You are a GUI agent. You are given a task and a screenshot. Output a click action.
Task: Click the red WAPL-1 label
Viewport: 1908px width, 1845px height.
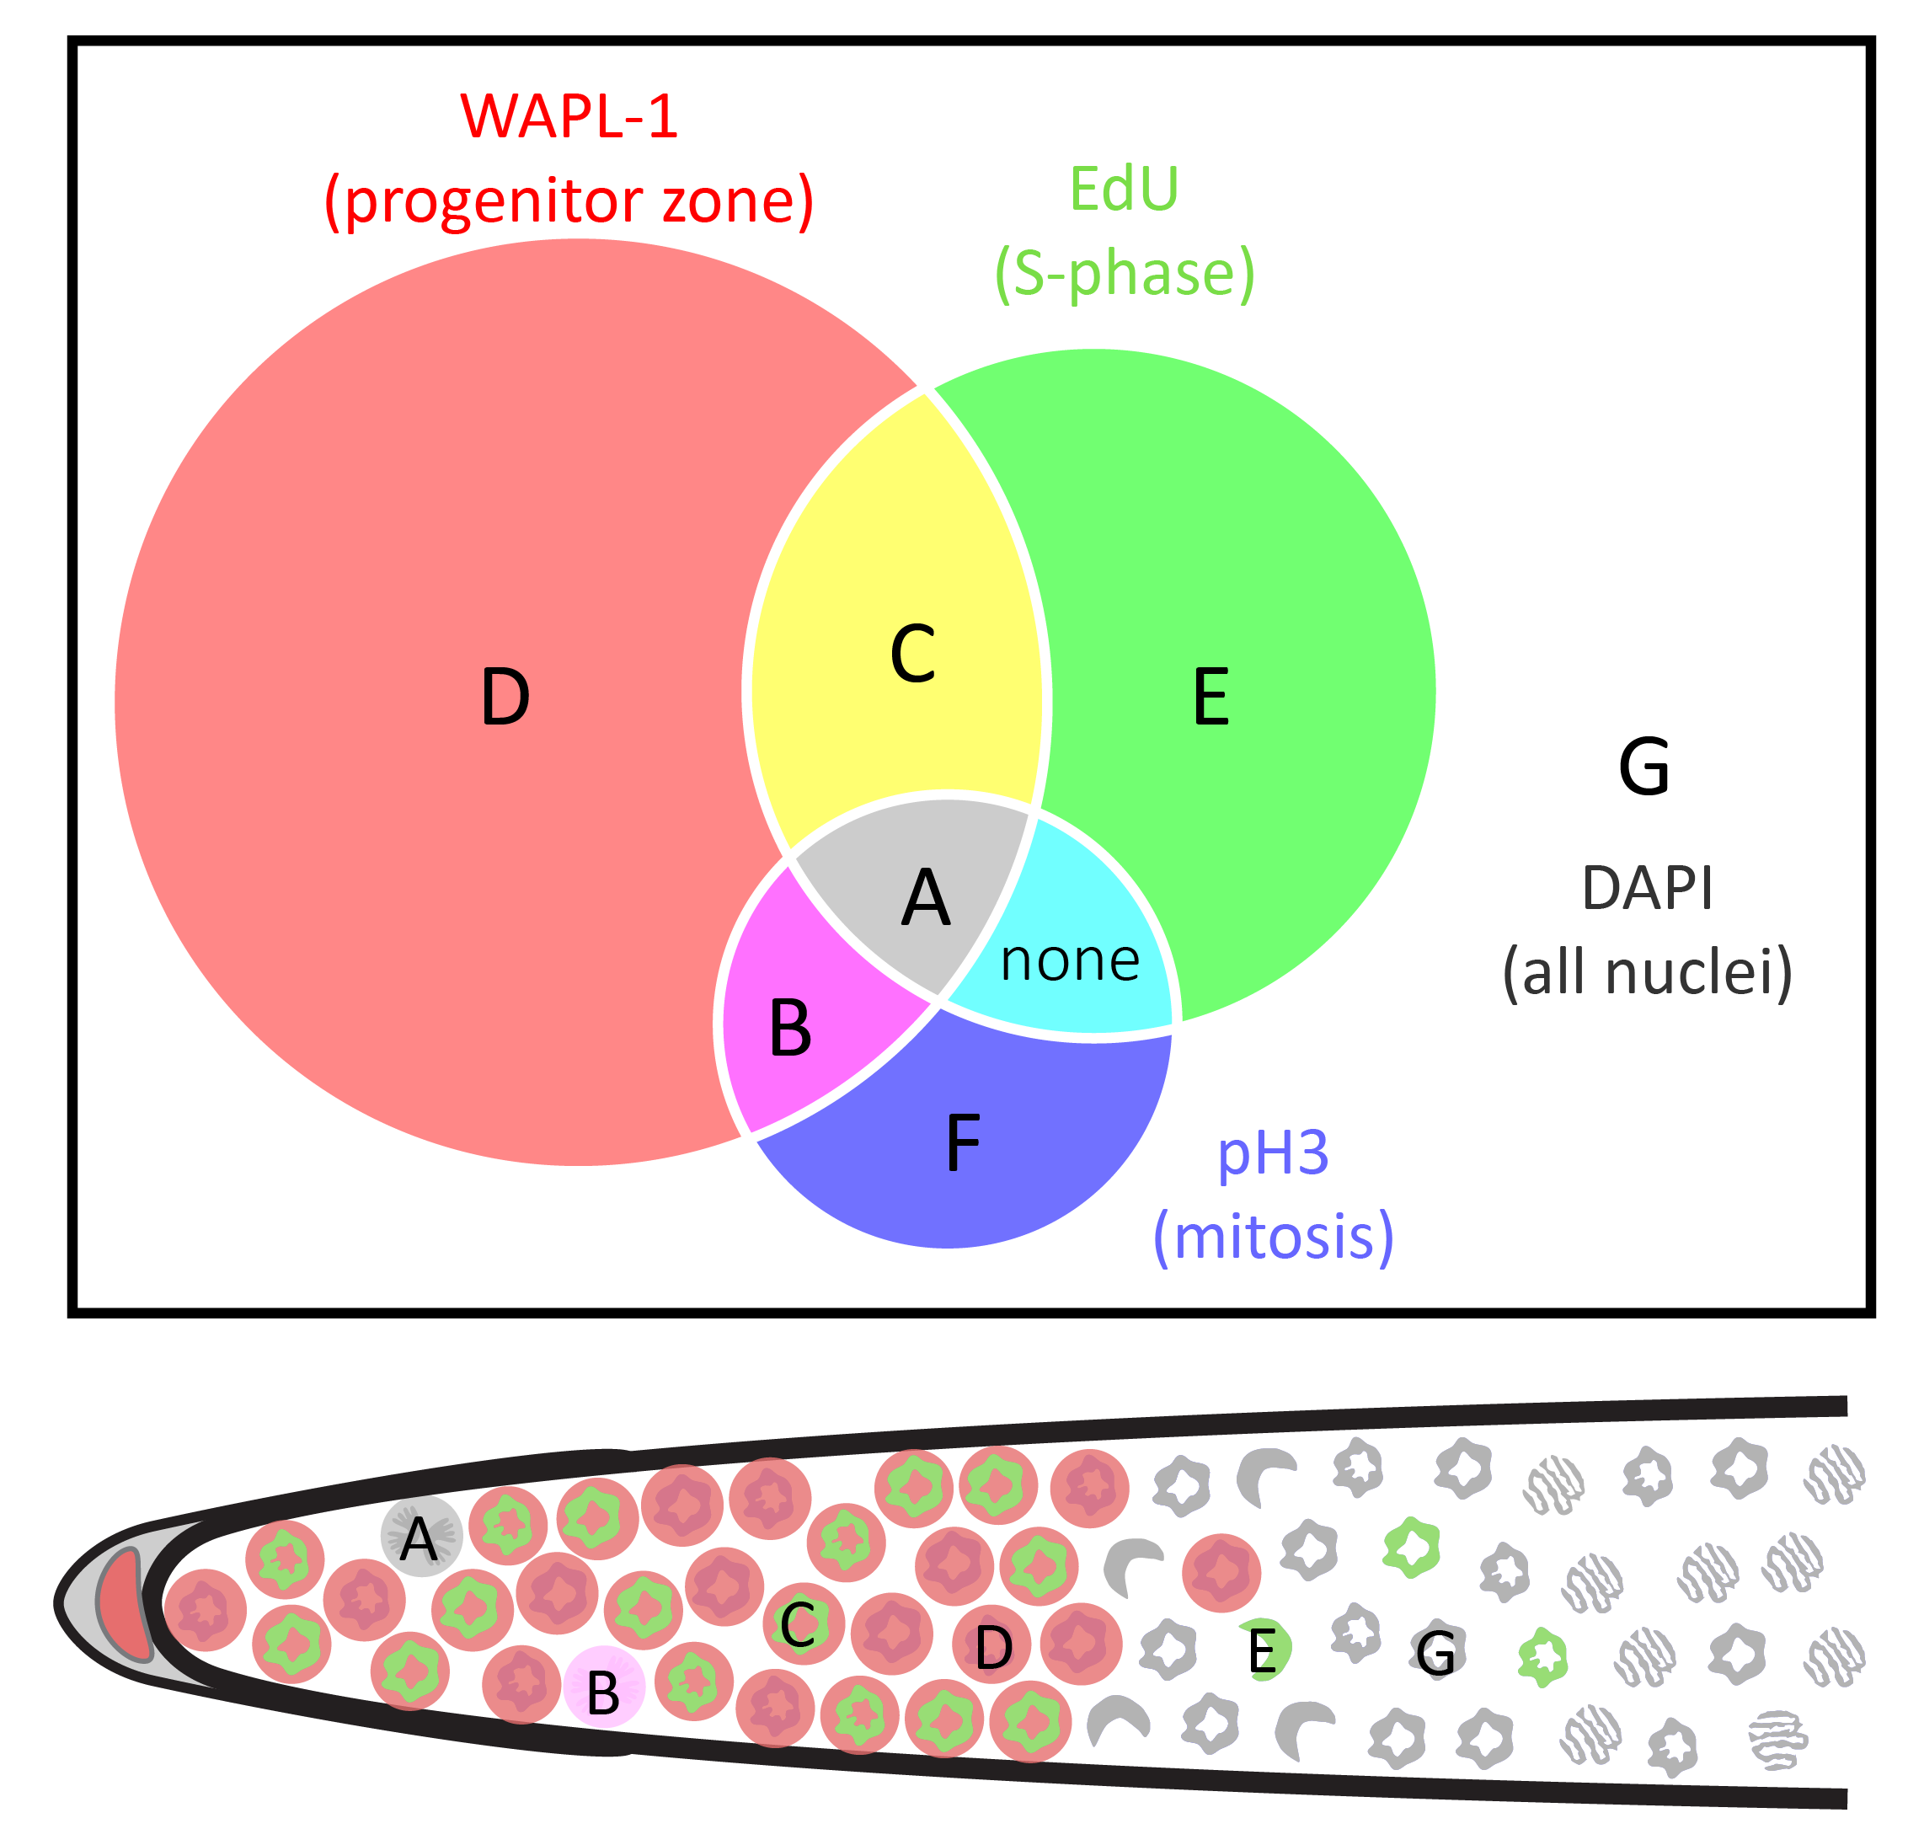coord(569,117)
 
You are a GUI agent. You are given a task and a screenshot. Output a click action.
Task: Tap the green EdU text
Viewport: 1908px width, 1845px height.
coord(1124,189)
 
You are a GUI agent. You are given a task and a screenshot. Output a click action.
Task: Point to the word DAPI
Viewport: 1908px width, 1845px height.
coord(1646,888)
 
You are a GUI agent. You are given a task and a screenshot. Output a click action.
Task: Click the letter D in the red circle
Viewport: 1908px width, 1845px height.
coord(505,698)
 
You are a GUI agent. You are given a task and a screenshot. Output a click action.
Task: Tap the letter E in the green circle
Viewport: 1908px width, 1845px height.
coord(1211,698)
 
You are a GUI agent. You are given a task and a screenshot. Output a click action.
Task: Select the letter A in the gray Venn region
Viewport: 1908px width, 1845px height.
coord(925,899)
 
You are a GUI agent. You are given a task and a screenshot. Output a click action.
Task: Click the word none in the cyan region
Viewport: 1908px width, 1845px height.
coord(1070,961)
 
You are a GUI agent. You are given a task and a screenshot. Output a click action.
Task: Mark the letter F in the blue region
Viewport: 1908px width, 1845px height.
coord(963,1143)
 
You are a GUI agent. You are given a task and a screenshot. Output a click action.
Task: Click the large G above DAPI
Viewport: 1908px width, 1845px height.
coord(1644,767)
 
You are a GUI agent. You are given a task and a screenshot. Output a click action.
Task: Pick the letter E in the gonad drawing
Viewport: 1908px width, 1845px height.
coord(1262,1651)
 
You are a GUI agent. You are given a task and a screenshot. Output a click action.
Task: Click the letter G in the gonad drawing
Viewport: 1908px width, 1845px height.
coord(1436,1653)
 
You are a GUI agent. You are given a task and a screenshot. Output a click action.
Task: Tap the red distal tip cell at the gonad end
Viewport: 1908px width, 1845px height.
coord(125,1606)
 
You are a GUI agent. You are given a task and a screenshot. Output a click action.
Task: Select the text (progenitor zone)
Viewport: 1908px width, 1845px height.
coord(569,201)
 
